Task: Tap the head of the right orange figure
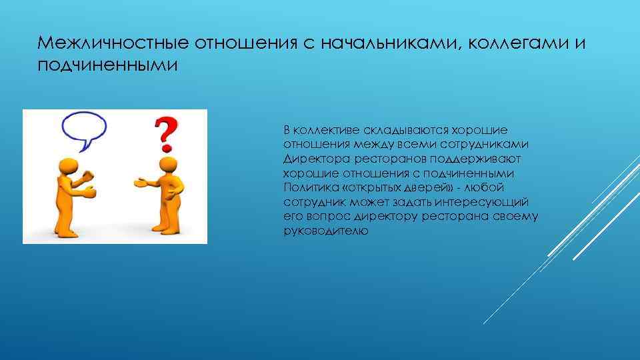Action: point(167,164)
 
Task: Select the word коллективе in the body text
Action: point(325,129)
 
